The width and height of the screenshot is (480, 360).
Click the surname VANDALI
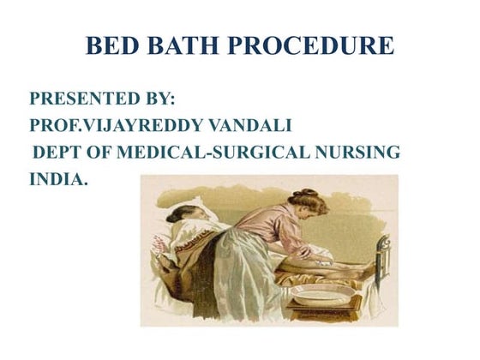(253, 127)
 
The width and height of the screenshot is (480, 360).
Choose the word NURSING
(361, 153)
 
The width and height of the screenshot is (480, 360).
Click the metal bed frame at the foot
(382, 257)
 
